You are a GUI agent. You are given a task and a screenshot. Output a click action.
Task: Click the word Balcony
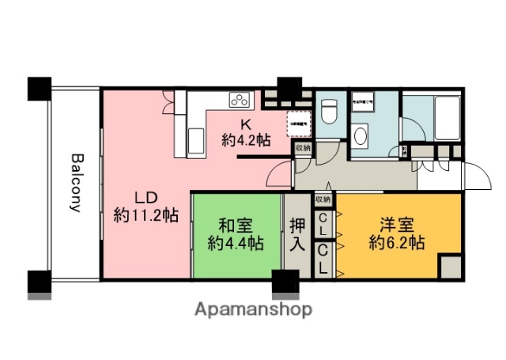pyautogui.click(x=76, y=183)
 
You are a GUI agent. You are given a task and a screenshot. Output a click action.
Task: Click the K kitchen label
pyautogui.click(x=245, y=124)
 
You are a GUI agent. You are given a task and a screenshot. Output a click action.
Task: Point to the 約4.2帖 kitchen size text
pyautogui.click(x=245, y=140)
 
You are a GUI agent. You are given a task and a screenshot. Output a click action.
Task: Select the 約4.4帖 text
pyautogui.click(x=236, y=244)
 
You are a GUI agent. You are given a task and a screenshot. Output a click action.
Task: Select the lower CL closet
pyautogui.click(x=324, y=259)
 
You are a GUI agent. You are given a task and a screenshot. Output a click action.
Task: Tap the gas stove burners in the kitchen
pyautogui.click(x=239, y=100)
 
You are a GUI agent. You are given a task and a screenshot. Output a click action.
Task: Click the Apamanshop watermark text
pyautogui.click(x=253, y=309)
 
